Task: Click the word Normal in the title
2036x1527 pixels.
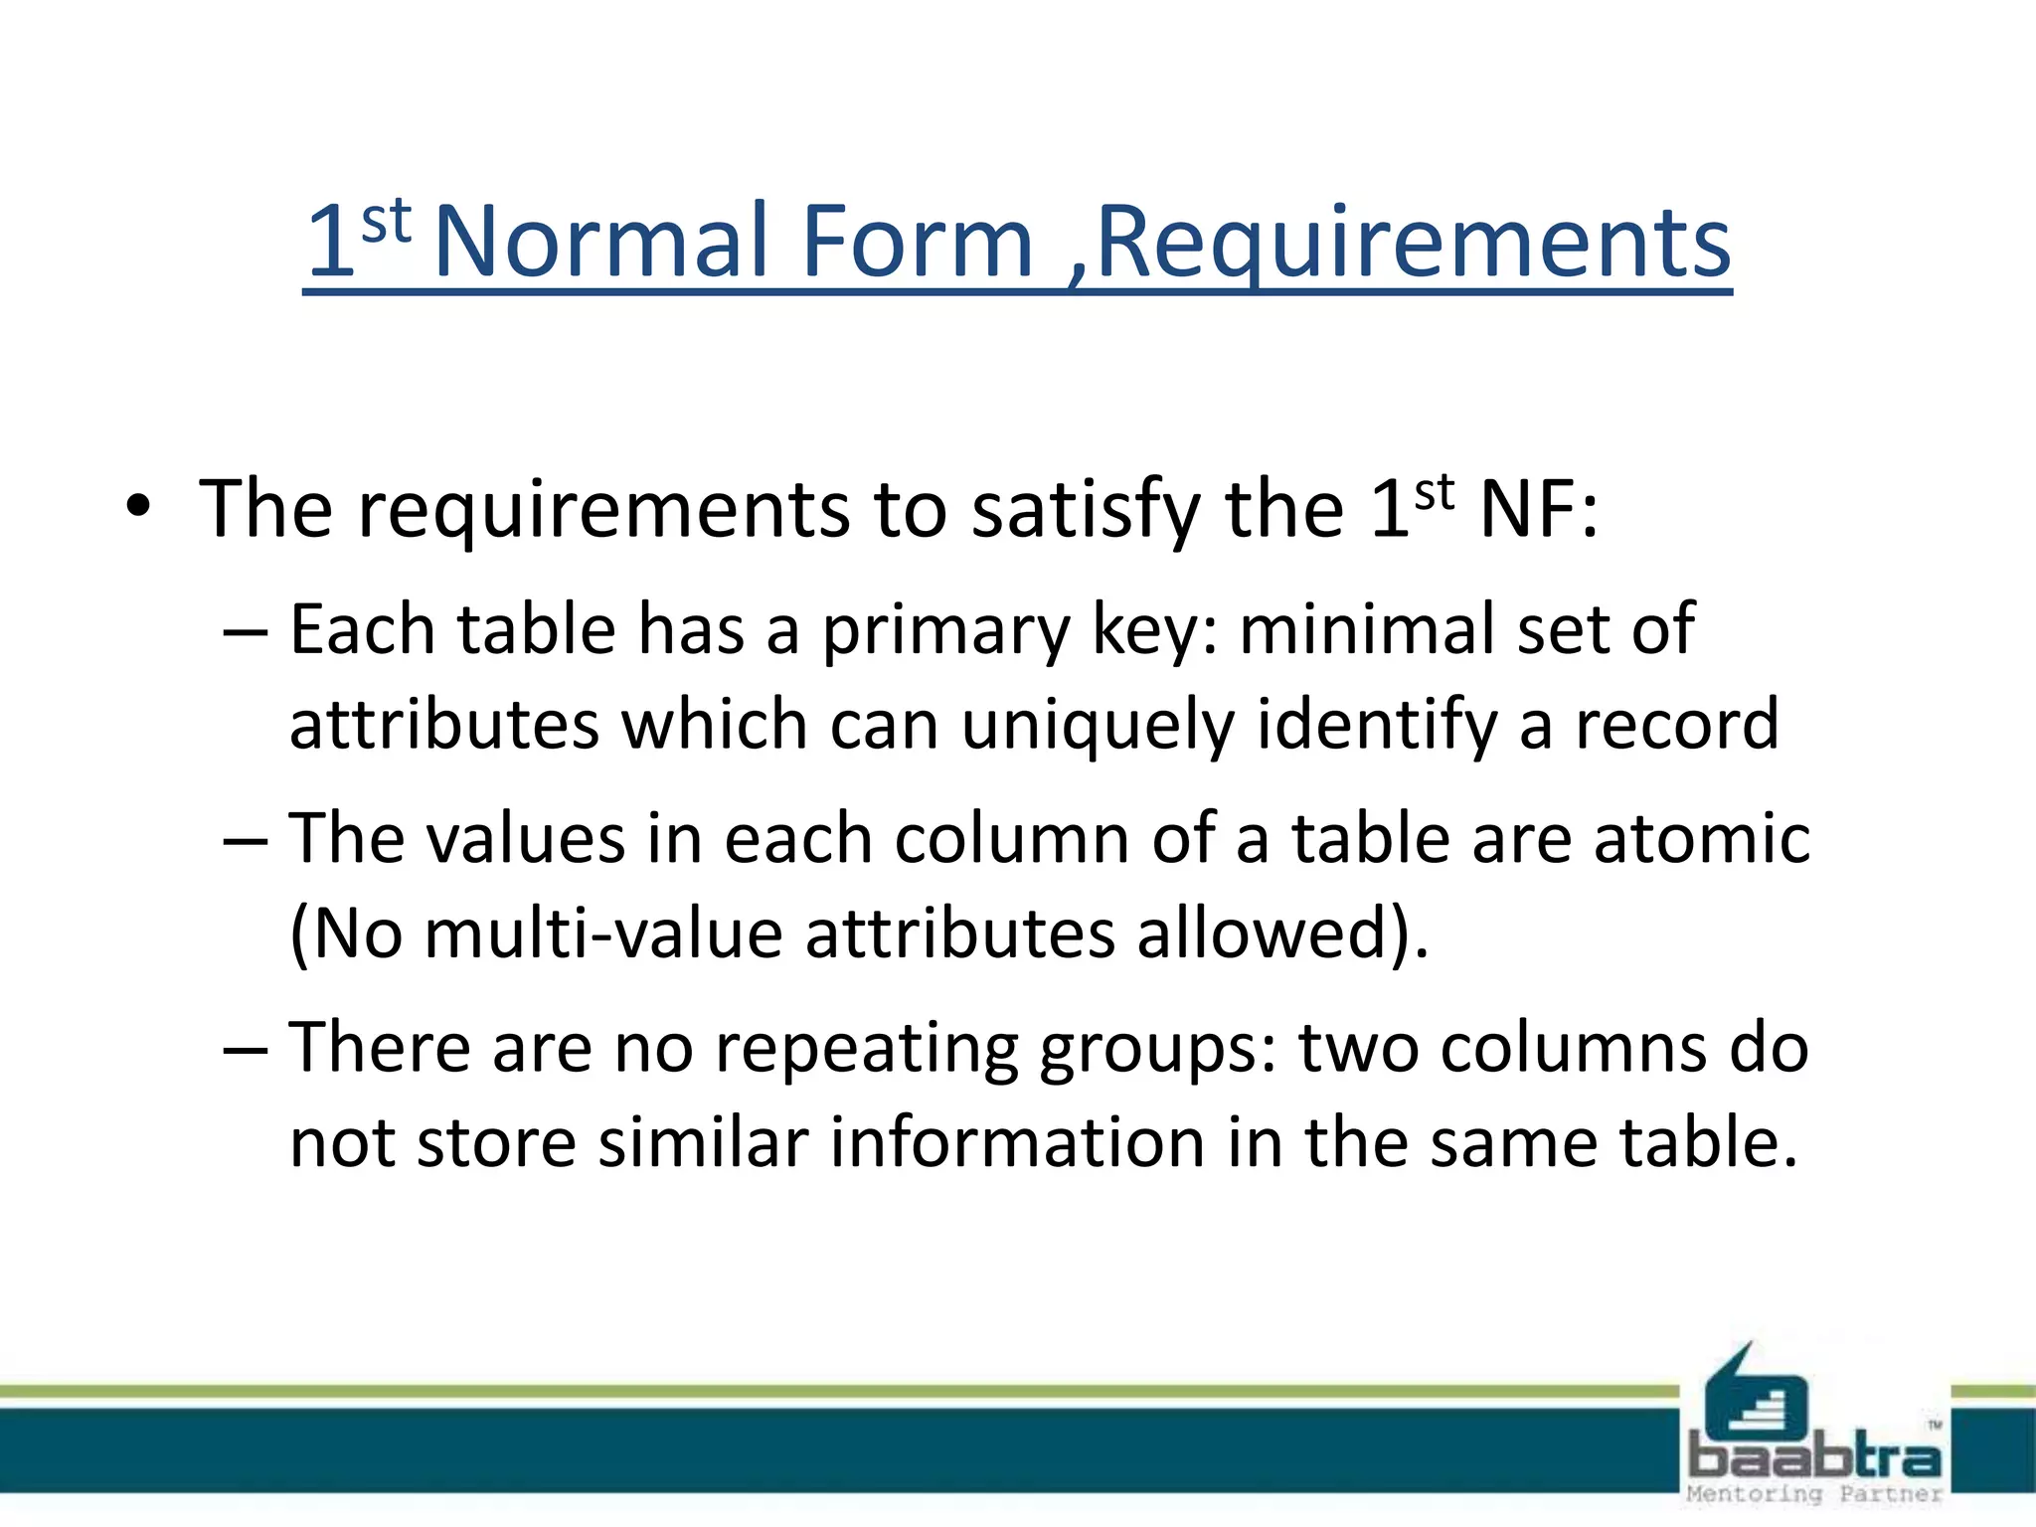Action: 600,242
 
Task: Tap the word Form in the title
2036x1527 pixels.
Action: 917,242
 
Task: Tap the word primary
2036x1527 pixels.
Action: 945,632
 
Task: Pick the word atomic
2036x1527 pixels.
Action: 1701,838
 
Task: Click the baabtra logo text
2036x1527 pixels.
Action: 1814,1457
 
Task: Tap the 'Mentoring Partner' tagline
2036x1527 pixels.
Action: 1814,1494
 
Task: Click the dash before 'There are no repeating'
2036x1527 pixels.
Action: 246,1050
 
